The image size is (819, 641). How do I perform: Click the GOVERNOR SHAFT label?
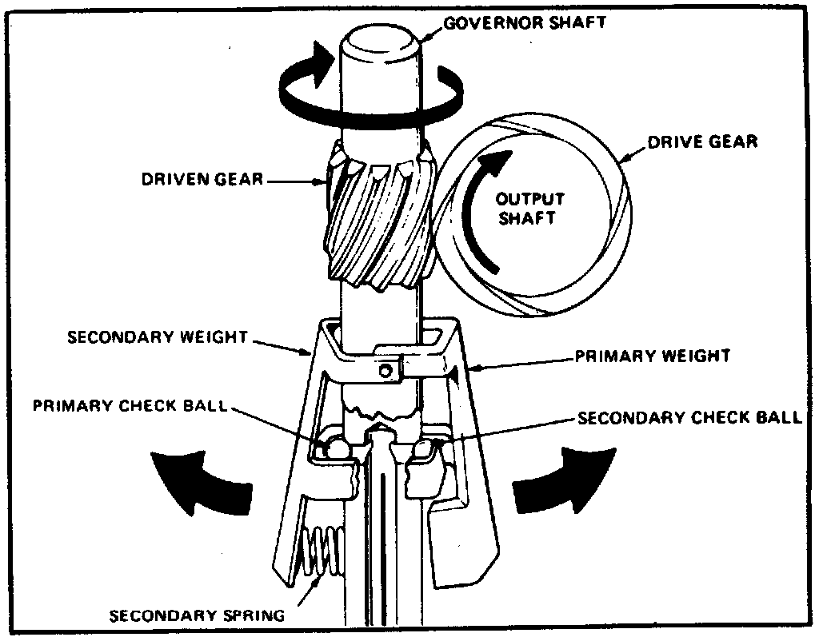tap(525, 22)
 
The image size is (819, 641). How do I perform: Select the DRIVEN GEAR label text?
tap(202, 178)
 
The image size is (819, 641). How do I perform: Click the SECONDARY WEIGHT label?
tap(158, 336)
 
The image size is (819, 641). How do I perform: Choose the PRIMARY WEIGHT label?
tap(653, 356)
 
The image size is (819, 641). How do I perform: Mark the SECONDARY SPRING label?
tap(197, 615)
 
